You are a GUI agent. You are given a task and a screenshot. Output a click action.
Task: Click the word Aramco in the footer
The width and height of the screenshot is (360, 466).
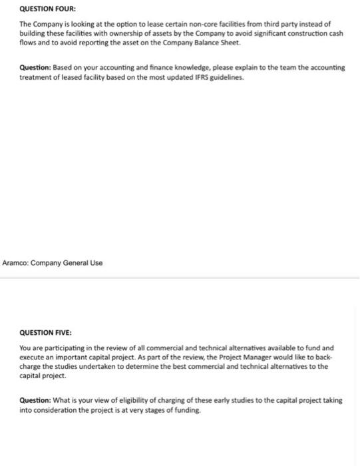tap(17, 262)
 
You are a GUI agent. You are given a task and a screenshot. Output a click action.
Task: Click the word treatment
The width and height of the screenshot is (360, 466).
tap(37, 77)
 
